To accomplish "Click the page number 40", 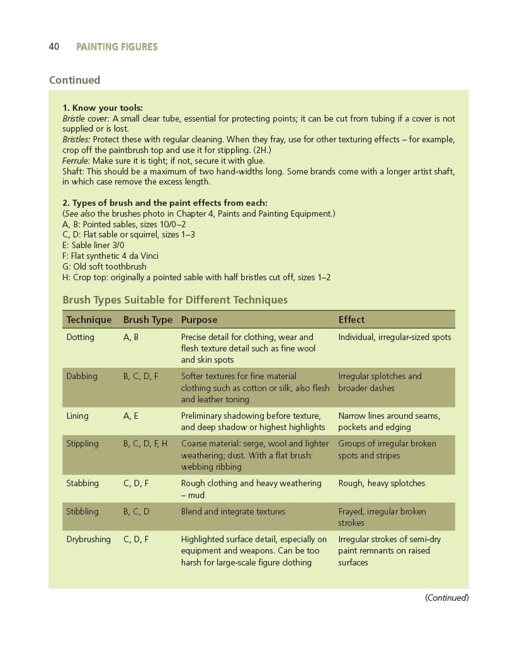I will coord(54,47).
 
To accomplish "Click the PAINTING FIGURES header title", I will coord(116,47).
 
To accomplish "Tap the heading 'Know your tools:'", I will coord(107,108).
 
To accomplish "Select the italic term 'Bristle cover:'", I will coord(86,118).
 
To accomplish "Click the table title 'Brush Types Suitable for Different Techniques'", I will coord(175,300).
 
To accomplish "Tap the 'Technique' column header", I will coord(89,319).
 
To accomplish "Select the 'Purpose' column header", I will coord(199,319).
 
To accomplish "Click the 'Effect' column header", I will coord(351,319).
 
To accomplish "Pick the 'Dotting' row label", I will coord(80,337).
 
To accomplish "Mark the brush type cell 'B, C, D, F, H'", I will coord(145,443).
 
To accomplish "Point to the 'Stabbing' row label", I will coord(82,483).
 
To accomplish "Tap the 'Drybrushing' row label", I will coord(88,539).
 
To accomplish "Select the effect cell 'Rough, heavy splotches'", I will coord(382,483).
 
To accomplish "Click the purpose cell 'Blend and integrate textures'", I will coord(233,511).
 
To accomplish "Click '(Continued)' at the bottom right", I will coord(446,598).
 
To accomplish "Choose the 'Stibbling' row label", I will coord(82,511).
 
